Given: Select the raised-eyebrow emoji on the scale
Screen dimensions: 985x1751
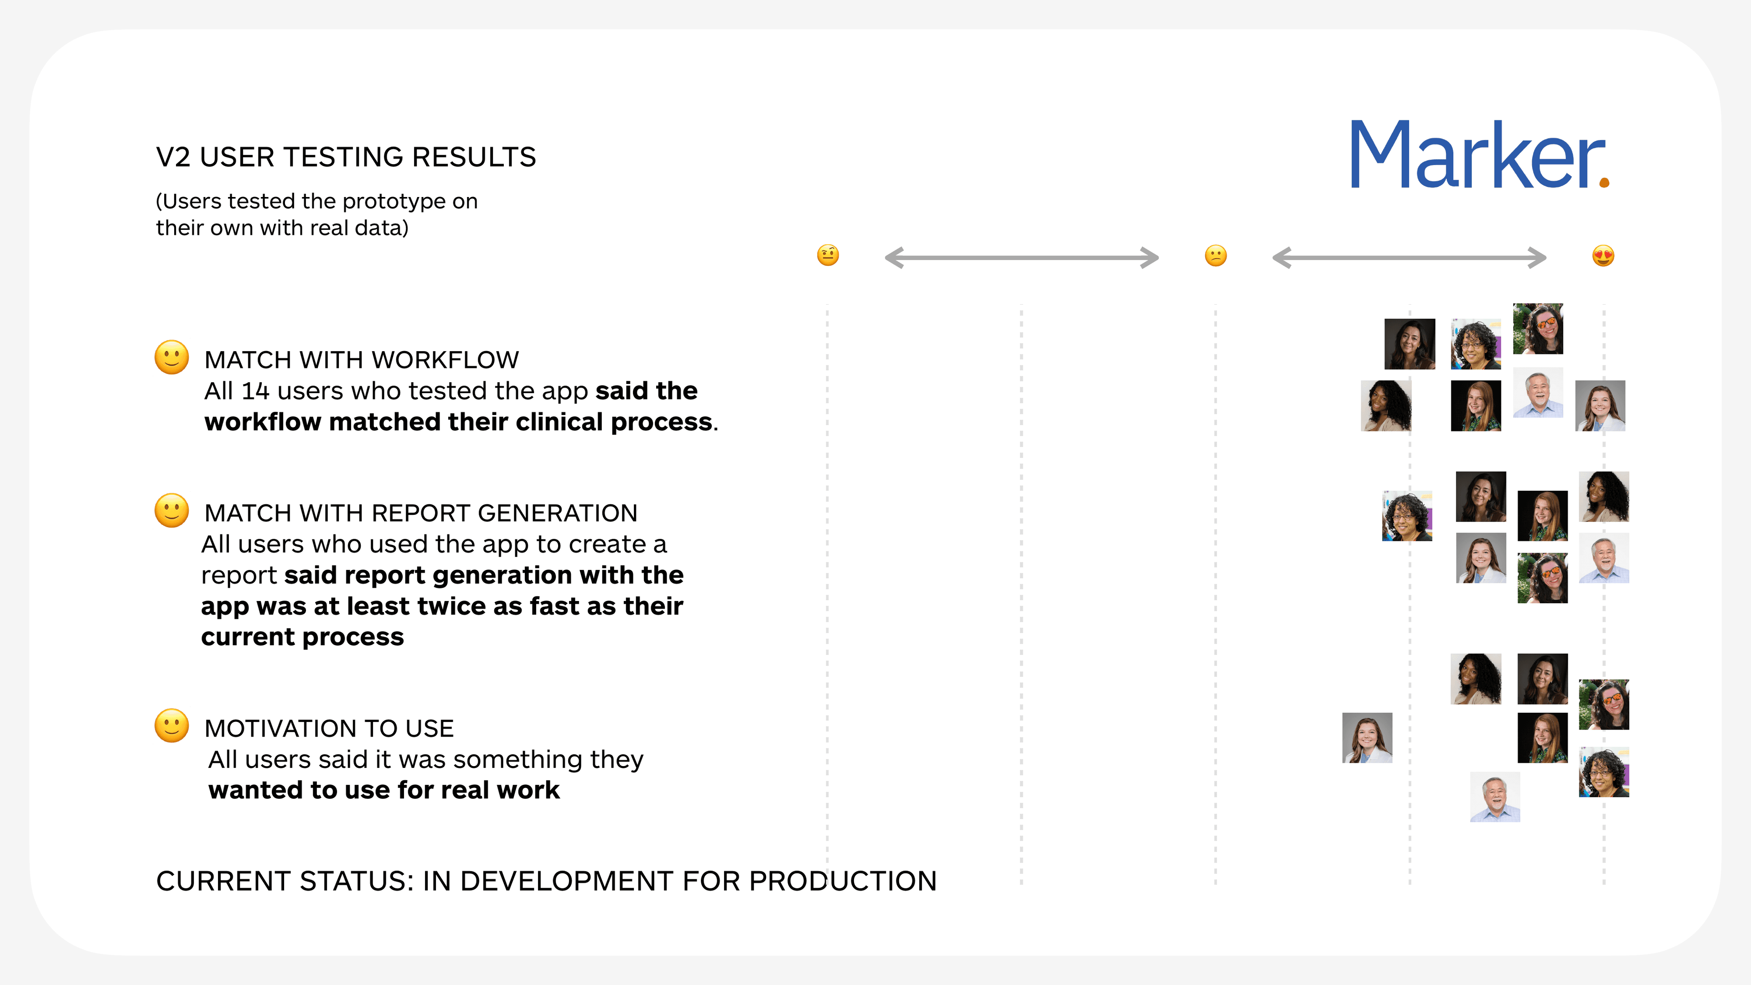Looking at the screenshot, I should [827, 255].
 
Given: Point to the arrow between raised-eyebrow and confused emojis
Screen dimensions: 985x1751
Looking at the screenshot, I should [1021, 258].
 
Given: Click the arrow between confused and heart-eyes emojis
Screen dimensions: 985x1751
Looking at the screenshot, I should [1409, 258].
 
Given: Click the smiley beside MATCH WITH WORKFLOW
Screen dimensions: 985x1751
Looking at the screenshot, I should [171, 358].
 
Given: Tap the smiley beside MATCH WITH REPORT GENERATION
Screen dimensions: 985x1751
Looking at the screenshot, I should [171, 511].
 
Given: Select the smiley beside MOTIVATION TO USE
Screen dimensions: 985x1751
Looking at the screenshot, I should [171, 726].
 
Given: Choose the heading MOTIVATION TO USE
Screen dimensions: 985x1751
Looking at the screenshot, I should [329, 728].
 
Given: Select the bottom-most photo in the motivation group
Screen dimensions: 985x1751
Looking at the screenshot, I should [1495, 797].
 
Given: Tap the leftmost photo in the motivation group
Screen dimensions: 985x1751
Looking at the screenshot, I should [1367, 737].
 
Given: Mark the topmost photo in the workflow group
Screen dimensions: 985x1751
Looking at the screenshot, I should [1538, 328].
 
